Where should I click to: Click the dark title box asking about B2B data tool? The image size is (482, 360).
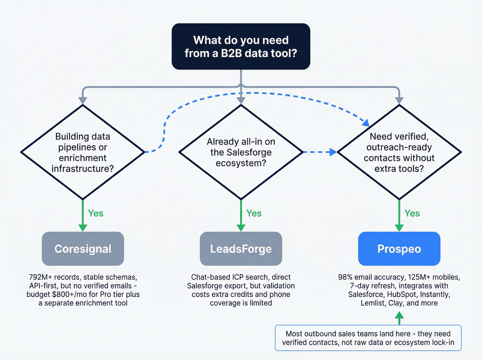point(241,47)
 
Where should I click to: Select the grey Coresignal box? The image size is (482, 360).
point(83,249)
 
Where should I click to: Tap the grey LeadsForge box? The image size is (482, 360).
point(241,249)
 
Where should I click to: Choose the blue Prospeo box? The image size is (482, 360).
point(399,249)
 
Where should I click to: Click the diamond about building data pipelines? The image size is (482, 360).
point(83,152)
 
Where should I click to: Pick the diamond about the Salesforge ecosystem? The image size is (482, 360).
point(241,152)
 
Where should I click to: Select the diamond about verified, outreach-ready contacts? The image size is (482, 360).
point(399,152)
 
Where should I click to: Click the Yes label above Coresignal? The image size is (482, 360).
point(95,213)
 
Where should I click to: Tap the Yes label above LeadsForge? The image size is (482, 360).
point(254,213)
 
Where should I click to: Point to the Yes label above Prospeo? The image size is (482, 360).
point(412,213)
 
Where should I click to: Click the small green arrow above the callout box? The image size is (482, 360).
point(399,317)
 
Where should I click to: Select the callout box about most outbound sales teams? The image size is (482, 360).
point(368,338)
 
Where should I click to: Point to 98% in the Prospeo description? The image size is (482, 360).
point(345,277)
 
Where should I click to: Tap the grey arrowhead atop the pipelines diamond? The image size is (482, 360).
point(83,100)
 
